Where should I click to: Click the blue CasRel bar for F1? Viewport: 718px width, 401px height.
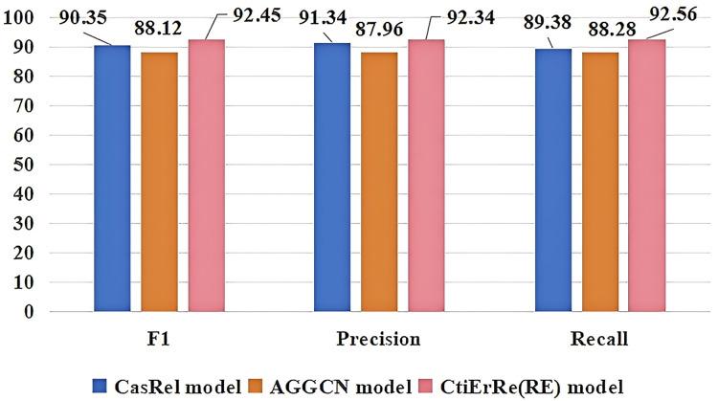[x=113, y=179]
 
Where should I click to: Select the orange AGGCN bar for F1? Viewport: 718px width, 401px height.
[x=159, y=182]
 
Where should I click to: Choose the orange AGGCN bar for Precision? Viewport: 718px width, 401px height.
[x=378, y=182]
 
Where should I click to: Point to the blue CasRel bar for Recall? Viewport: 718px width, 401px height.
[x=553, y=180]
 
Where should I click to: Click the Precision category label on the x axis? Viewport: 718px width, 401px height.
[x=379, y=338]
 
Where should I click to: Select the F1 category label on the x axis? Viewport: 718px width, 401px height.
[x=160, y=338]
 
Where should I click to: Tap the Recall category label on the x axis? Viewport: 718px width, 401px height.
[x=599, y=338]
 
